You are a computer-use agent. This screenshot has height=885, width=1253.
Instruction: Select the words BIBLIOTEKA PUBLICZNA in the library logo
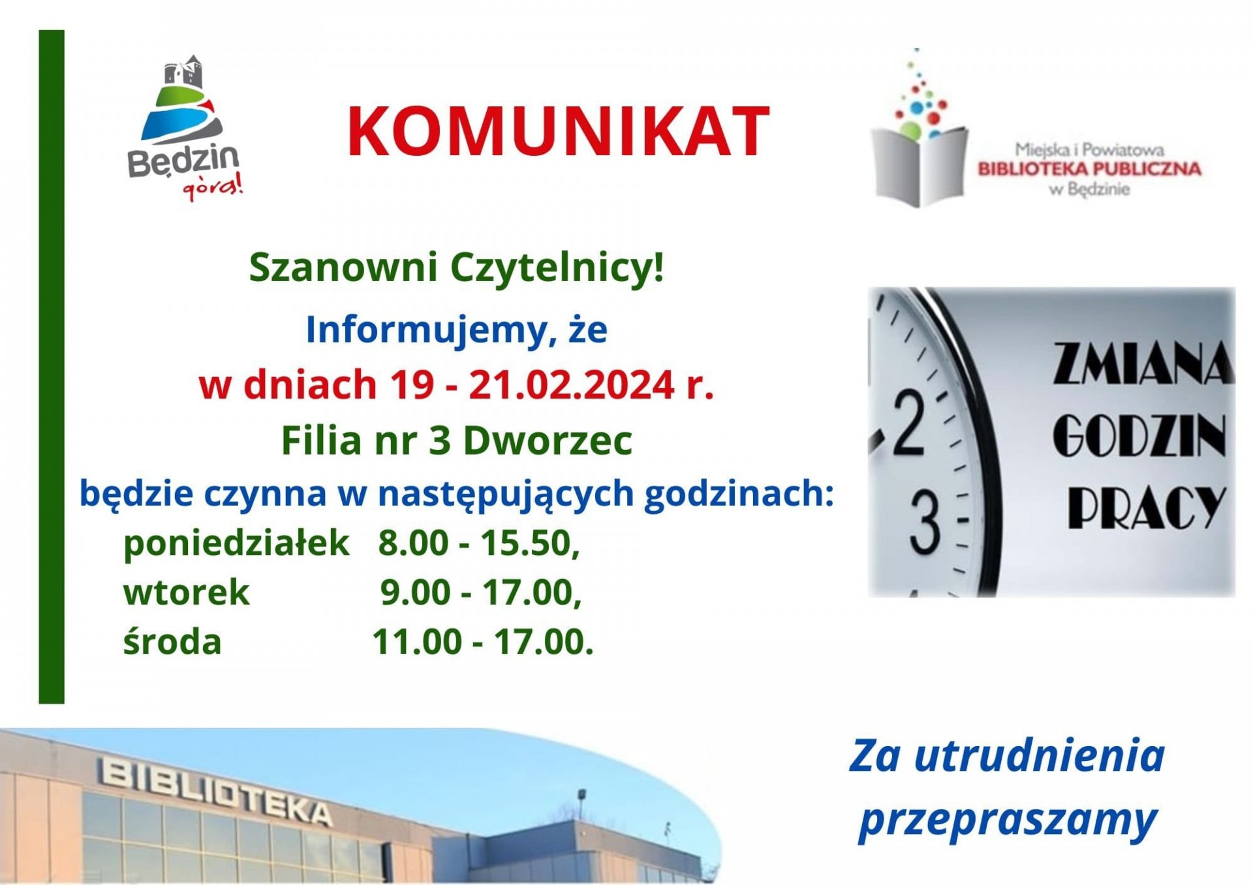click(1089, 169)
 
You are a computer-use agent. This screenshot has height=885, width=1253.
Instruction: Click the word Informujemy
click(426, 330)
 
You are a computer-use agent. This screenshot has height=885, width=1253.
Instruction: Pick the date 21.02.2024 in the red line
click(572, 385)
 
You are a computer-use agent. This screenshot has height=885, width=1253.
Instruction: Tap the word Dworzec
click(548, 441)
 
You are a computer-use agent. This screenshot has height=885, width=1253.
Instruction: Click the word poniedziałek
click(236, 543)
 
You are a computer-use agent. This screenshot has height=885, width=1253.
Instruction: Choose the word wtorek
click(187, 593)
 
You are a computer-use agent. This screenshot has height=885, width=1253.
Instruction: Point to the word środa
click(172, 642)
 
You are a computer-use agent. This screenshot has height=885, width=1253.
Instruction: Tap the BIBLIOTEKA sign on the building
click(215, 790)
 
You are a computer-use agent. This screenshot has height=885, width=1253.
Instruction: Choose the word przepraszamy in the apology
click(1008, 821)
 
